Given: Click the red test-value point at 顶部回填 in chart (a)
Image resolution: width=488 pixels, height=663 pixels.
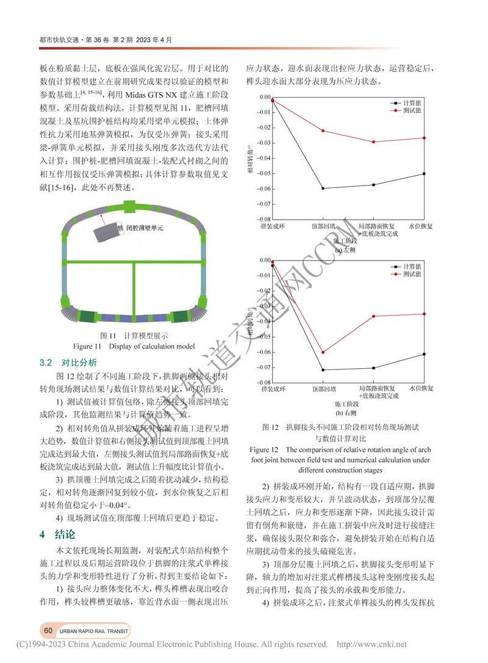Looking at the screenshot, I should pyautogui.click(x=323, y=131).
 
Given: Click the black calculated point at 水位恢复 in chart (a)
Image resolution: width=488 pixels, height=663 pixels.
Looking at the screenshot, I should pyautogui.click(x=424, y=173).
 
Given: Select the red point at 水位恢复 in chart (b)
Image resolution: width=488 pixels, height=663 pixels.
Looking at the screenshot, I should pyautogui.click(x=424, y=314).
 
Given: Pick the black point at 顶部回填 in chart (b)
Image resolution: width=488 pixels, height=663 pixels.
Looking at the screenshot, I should pyautogui.click(x=323, y=370).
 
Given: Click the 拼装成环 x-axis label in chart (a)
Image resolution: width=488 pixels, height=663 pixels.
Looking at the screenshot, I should pyautogui.click(x=273, y=226).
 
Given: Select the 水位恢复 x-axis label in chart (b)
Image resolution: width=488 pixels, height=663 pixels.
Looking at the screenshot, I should pyautogui.click(x=422, y=388).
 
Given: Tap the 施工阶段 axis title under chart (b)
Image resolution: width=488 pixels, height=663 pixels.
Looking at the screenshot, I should pyautogui.click(x=347, y=404).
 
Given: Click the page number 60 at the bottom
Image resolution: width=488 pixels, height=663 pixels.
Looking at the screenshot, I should pyautogui.click(x=47, y=629).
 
